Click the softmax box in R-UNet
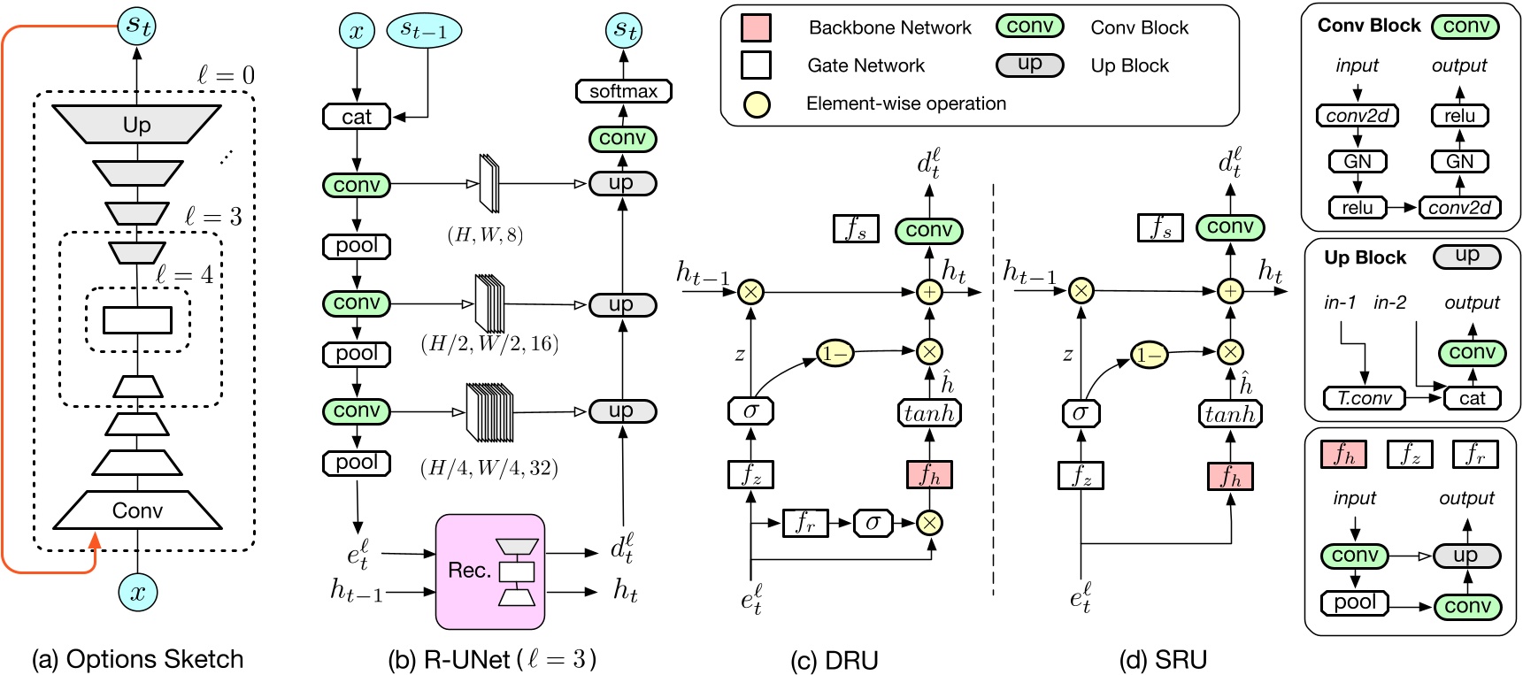pos(623,91)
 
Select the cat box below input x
pos(356,117)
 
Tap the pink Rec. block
pos(489,571)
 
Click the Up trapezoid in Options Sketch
pos(136,124)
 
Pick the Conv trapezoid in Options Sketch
pos(137,510)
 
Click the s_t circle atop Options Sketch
pos(137,26)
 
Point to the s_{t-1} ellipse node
pos(424,31)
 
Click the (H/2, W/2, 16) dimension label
pos(489,343)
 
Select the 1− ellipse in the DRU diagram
pos(835,354)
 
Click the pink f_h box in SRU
pos(1230,476)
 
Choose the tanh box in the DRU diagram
pos(928,413)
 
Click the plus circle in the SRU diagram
pos(1230,291)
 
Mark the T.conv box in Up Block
pos(1364,398)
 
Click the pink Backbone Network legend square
pos(755,27)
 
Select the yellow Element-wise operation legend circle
pos(756,104)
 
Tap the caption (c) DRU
pos(834,660)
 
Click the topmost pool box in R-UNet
pos(356,245)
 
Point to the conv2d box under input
pos(1357,116)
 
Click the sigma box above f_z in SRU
pos(1080,412)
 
